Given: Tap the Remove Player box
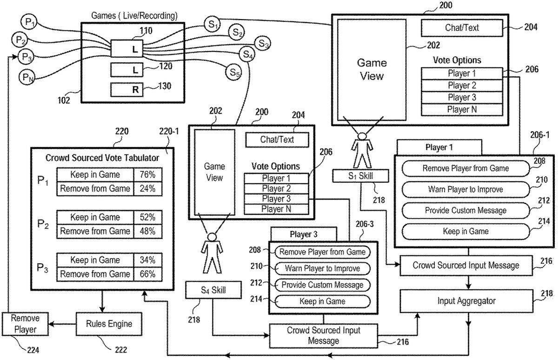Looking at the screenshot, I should (x=26, y=324).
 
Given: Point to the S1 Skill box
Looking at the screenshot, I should (x=360, y=176).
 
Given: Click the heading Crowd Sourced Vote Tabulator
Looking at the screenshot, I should (x=102, y=158).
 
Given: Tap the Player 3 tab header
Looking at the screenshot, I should (x=303, y=234).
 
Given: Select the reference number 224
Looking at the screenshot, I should (x=32, y=349).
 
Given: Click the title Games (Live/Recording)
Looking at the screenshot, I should (x=135, y=16).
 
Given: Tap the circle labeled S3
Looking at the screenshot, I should (x=264, y=44).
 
